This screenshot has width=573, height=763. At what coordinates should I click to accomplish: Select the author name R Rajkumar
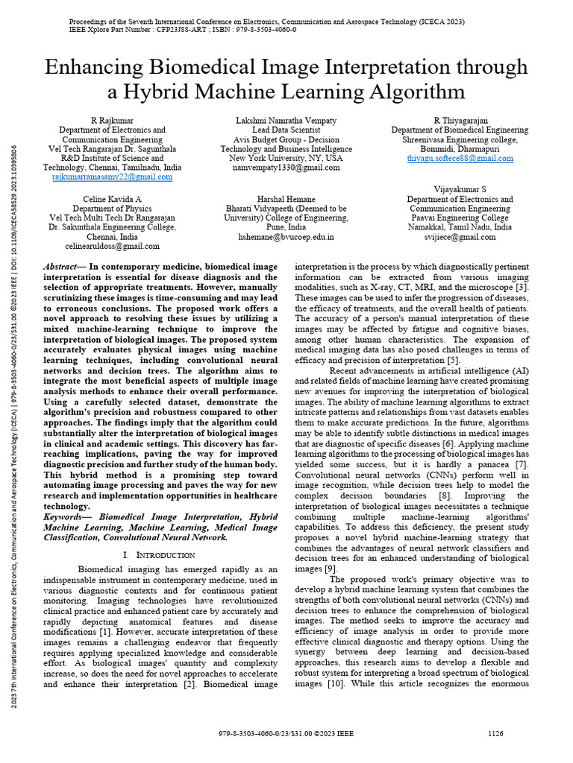(x=113, y=120)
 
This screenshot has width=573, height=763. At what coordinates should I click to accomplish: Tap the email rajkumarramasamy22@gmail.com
(x=113, y=177)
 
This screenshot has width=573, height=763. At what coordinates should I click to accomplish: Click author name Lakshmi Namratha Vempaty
(x=286, y=120)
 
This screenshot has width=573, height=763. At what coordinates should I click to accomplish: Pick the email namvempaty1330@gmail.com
(x=286, y=168)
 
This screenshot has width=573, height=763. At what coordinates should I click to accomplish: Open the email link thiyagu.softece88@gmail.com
(x=460, y=158)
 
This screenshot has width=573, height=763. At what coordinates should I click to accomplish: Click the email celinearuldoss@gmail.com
(x=113, y=246)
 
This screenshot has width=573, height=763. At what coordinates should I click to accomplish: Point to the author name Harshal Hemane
(x=286, y=199)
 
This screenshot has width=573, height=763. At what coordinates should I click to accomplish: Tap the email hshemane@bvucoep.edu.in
(x=286, y=237)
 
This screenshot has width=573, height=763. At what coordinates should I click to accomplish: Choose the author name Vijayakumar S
(x=460, y=190)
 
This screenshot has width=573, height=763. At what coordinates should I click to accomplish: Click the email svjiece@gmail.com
(x=460, y=237)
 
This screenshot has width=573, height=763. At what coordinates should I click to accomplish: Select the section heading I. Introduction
(x=158, y=555)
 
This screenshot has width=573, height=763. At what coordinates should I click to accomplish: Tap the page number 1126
(x=495, y=733)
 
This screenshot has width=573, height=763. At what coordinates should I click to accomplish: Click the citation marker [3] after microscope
(x=523, y=287)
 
